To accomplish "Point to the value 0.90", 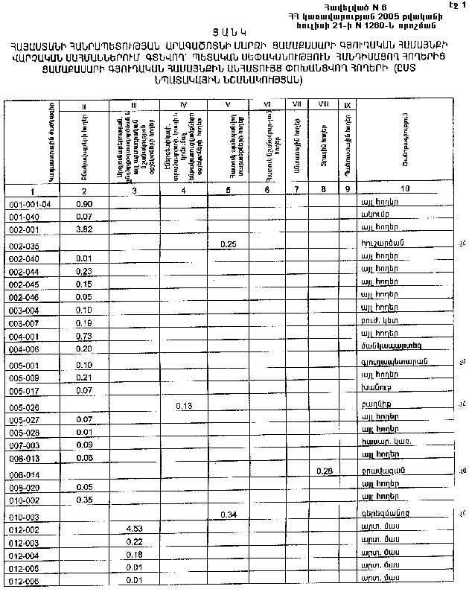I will tap(84, 203).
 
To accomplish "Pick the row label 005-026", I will tap(24, 407).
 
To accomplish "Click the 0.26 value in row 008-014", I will tap(324, 471).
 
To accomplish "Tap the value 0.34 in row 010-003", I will tap(229, 514).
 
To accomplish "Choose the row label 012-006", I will tap(24, 581).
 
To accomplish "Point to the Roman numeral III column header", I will tap(134, 106).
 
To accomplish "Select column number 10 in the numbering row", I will tap(404, 188).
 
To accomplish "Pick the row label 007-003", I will tap(24, 445).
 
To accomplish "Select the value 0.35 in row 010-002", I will tap(83, 499).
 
